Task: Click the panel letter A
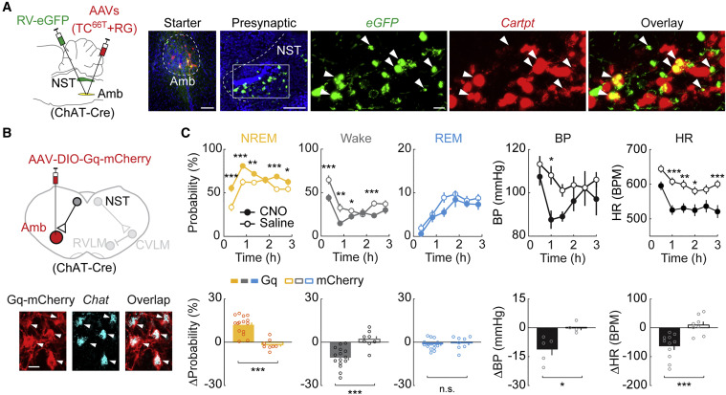[8, 8]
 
